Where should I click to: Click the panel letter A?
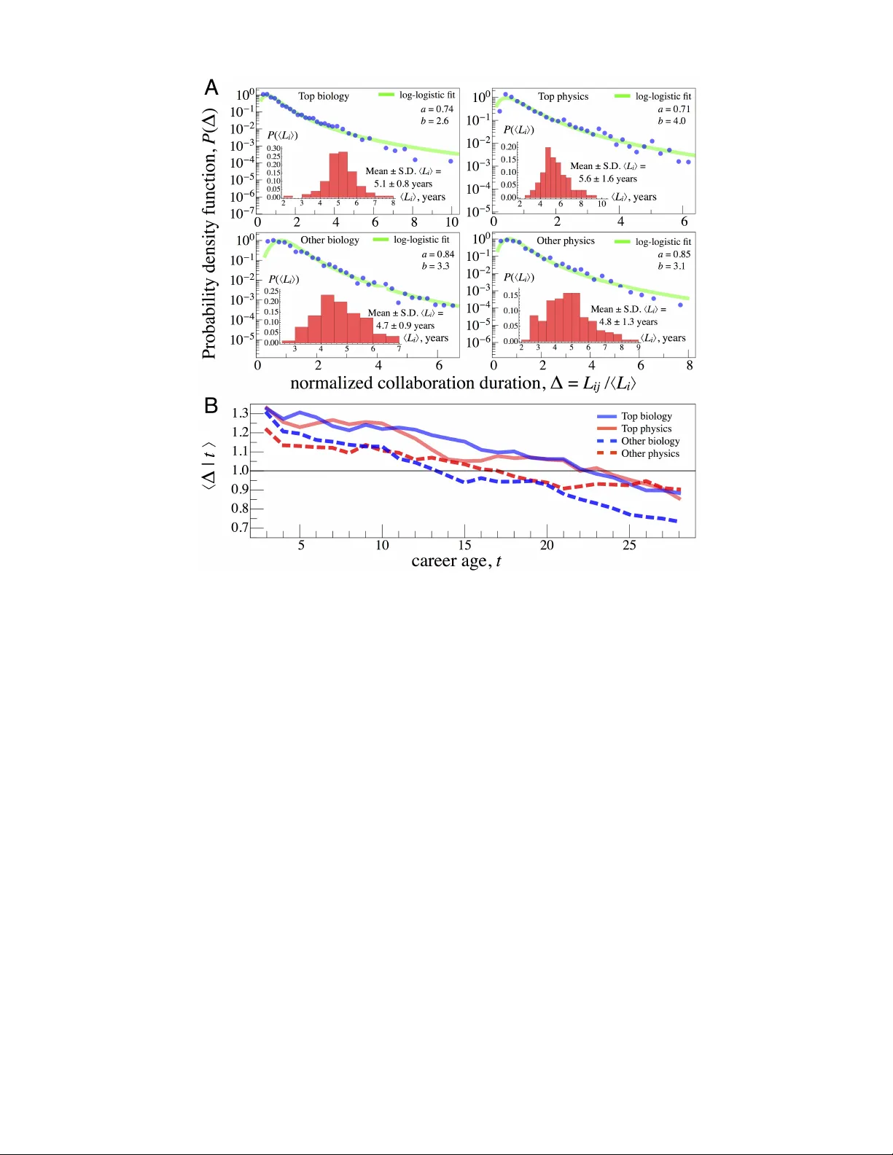point(211,88)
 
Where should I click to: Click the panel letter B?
point(211,406)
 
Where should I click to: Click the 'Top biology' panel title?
point(324,96)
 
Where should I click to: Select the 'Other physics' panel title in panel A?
point(566,240)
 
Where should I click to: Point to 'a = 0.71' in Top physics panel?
point(674,109)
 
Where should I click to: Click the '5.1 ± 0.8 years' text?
point(403,184)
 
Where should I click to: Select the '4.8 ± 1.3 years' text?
point(628,321)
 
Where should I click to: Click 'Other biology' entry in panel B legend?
point(650,441)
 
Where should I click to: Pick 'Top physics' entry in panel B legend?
point(646,428)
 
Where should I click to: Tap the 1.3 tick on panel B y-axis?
point(240,413)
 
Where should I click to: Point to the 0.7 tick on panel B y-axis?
point(240,528)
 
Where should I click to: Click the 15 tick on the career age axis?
point(464,545)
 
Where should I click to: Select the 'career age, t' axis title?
point(456,561)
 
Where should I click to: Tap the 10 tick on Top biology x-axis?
point(452,222)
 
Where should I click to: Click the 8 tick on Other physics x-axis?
point(689,366)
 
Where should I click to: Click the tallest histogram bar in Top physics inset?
point(548,173)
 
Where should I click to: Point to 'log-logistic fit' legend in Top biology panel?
point(426,95)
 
